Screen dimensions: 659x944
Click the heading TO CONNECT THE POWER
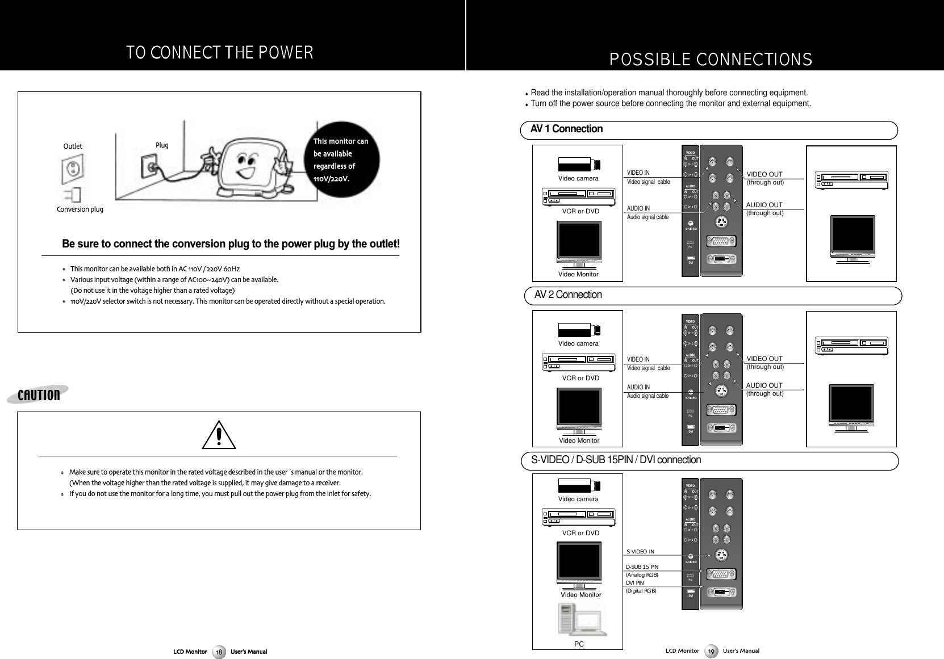219,53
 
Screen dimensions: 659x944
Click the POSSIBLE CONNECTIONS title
710,59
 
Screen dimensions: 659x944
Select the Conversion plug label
80,209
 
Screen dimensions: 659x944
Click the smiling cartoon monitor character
248,165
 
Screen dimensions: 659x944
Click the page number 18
220,652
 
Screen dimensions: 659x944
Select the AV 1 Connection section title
566,129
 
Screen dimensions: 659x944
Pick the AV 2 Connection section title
568,295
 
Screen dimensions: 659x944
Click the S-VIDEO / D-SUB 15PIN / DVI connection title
616,460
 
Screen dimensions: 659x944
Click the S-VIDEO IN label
640,552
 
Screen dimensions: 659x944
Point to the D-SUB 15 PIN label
642,566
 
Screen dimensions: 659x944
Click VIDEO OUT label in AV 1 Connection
764,174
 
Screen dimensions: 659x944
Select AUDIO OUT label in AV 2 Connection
764,386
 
